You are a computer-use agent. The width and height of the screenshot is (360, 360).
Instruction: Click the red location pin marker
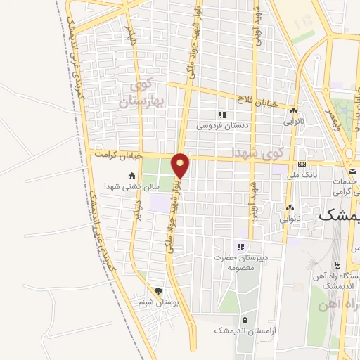(181, 165)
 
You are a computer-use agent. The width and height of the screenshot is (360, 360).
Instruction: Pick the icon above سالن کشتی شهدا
(131, 176)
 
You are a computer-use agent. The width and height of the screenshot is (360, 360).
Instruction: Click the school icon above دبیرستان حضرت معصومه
(240, 247)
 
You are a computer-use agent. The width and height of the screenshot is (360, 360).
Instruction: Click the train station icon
(339, 265)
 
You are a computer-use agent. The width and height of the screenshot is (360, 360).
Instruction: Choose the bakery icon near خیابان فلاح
(293, 111)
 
